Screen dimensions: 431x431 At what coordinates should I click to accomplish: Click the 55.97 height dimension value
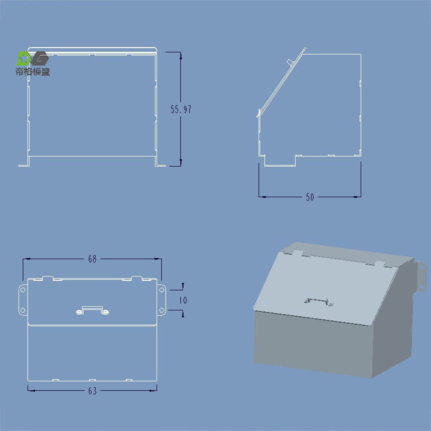coord(181,109)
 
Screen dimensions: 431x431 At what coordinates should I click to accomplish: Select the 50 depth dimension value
coord(310,197)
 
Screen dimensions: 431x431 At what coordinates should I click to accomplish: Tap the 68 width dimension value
coord(92,259)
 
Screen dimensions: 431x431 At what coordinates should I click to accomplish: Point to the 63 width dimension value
coord(93,391)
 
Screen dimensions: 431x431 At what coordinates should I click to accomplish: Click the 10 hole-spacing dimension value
coord(183,300)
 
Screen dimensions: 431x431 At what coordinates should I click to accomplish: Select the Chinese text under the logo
coord(33,72)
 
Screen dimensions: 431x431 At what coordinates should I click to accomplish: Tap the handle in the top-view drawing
coord(93,311)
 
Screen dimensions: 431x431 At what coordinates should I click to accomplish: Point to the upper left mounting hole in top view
coord(23,290)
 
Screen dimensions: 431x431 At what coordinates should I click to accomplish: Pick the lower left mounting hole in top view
coord(23,310)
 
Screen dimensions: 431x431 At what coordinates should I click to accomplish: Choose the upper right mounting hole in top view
coord(162,290)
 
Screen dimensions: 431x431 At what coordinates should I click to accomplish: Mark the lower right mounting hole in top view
coord(162,310)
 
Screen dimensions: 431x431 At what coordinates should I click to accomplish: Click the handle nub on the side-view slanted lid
coord(290,62)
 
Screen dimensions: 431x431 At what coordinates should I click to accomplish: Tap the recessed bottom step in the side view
coord(280,161)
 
